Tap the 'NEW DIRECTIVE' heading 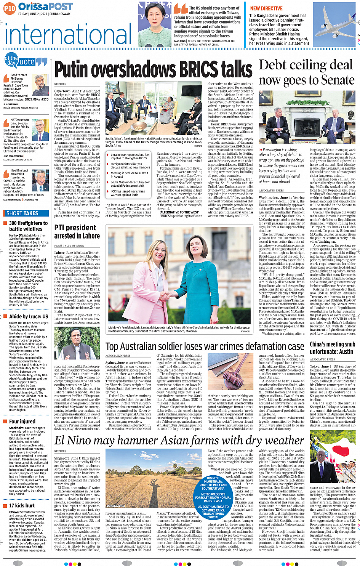pos(266,8)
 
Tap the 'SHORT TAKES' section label pos(22,213)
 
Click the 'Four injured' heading pos(22,422)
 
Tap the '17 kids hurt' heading pos(22,505)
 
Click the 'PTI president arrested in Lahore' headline pos(77,232)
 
